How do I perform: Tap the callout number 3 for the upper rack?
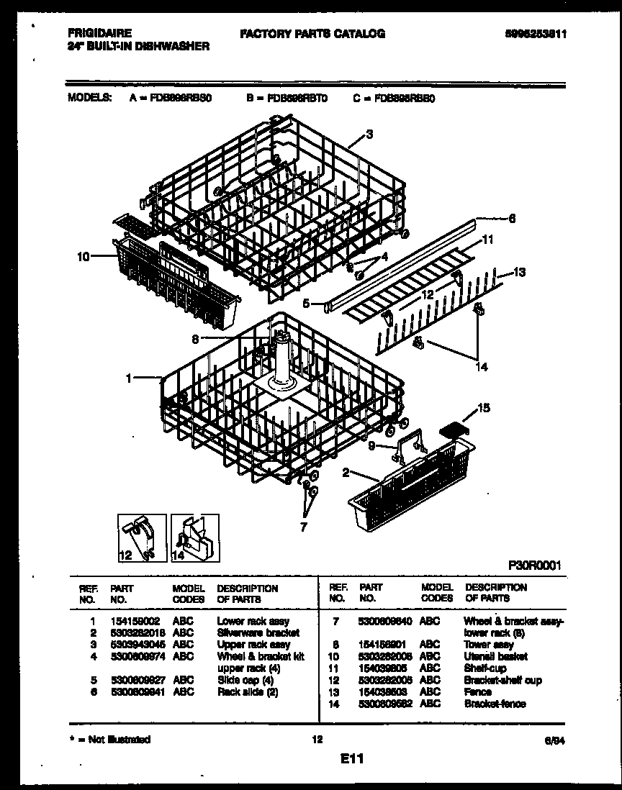(x=369, y=134)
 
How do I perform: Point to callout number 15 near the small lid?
(x=484, y=409)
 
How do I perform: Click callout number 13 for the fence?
(x=520, y=272)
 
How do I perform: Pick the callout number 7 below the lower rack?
(x=303, y=527)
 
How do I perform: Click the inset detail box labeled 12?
(x=141, y=537)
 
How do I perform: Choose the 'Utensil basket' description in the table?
(x=495, y=656)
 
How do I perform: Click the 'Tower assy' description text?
(x=489, y=645)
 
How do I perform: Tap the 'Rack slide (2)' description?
(x=247, y=692)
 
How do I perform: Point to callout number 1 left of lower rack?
(x=129, y=377)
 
